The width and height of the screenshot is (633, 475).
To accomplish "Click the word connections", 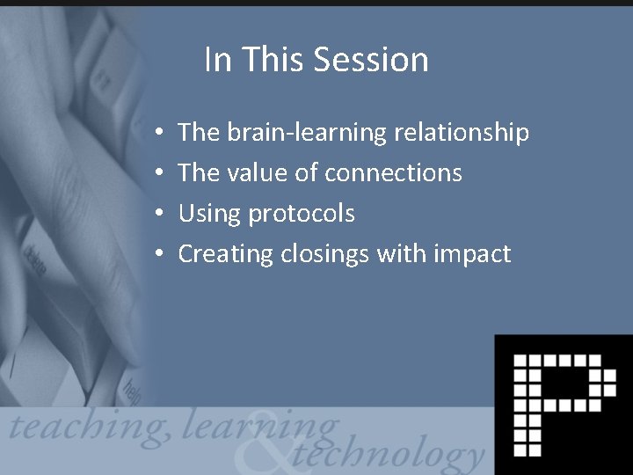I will point(393,172).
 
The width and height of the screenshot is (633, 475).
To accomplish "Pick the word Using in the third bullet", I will point(210,214).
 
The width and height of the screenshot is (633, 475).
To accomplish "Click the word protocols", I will point(302,214).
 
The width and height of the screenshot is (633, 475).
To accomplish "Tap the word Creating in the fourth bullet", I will point(226,254).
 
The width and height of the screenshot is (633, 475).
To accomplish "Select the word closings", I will point(325,254).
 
